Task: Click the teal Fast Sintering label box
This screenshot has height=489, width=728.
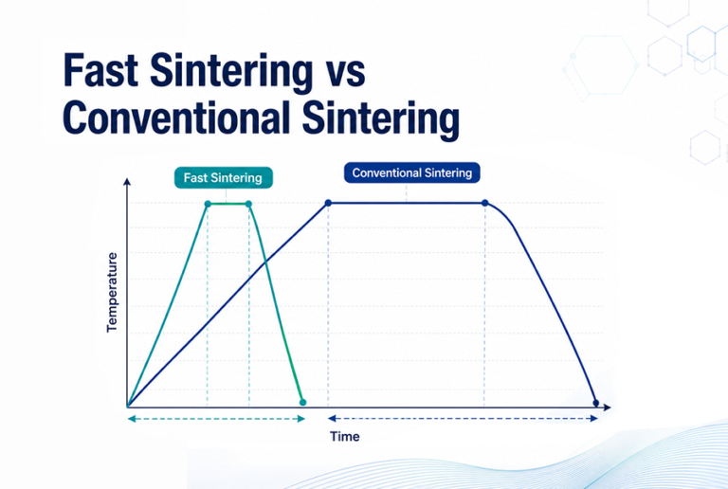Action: (x=224, y=178)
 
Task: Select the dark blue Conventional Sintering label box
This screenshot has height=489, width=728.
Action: (x=411, y=173)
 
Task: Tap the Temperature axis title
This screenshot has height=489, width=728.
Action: (x=112, y=292)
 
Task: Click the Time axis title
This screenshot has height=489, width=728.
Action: (x=344, y=437)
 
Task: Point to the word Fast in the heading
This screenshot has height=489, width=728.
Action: (x=100, y=70)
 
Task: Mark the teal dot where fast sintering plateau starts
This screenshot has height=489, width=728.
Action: (x=208, y=204)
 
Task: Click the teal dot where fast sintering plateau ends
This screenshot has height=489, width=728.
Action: (x=248, y=204)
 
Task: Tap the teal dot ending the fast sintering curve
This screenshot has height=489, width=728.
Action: (x=302, y=402)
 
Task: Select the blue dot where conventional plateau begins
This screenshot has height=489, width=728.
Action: (x=328, y=203)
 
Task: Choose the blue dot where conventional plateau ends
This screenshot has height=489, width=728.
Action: (x=484, y=203)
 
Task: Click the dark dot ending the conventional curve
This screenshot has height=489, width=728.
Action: (x=596, y=403)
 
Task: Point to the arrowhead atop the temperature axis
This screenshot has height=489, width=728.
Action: (x=127, y=181)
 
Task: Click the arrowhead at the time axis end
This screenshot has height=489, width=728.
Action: (x=608, y=407)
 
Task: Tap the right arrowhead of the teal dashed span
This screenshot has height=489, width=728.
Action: (x=301, y=419)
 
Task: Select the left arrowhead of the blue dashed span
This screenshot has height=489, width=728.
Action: (x=332, y=419)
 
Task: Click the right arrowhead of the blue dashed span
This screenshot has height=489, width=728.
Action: (x=593, y=419)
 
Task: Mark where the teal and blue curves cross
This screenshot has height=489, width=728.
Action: (x=265, y=263)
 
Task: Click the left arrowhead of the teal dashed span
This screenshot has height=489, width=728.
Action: (x=132, y=419)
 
